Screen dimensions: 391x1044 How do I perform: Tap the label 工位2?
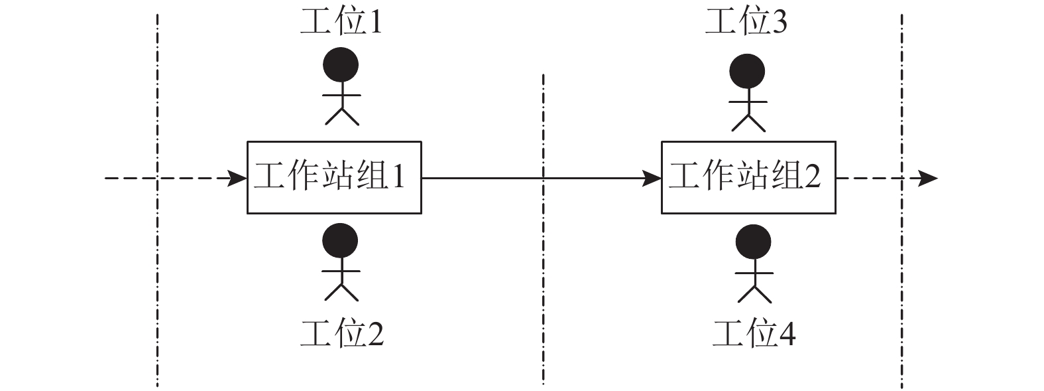pos(342,334)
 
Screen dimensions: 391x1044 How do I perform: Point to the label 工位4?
pos(754,334)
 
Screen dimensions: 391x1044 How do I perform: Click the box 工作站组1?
pos(334,177)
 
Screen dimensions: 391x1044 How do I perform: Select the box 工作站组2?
pos(748,177)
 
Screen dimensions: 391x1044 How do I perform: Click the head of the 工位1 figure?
pos(341,65)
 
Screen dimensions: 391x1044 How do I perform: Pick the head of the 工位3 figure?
pos(747,71)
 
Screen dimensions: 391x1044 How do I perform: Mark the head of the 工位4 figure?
pos(754,244)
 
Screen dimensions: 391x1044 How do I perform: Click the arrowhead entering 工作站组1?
pos(239,178)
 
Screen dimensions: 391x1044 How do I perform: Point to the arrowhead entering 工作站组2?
pos(653,178)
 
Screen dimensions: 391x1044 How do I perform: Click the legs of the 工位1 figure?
pos(341,116)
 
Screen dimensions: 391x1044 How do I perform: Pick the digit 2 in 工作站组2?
pos(813,177)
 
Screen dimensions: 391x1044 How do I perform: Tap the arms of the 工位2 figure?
pos(341,271)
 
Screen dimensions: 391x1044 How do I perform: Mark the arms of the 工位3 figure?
pos(748,102)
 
